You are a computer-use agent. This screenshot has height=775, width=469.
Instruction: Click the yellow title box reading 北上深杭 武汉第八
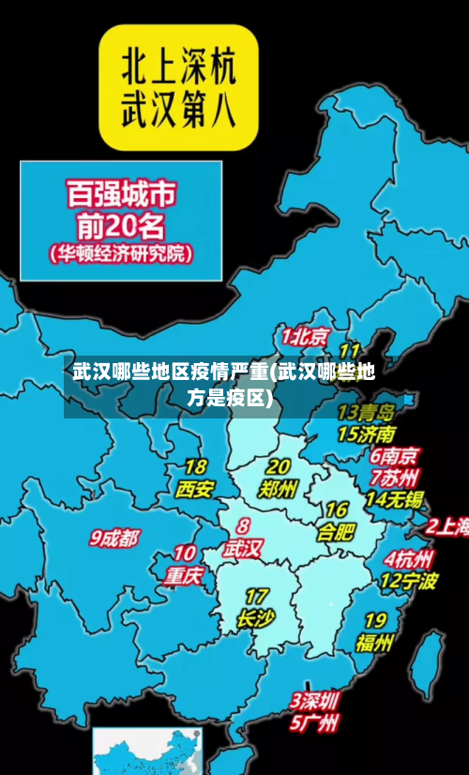(179, 87)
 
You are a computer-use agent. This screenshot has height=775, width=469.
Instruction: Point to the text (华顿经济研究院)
(120, 253)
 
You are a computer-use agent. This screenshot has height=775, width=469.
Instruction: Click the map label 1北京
(306, 336)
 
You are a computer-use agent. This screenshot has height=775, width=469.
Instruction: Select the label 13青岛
(366, 412)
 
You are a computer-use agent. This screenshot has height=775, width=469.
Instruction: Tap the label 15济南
(367, 433)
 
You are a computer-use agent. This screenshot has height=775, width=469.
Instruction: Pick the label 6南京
(394, 456)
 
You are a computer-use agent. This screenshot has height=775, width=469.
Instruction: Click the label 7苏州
(394, 477)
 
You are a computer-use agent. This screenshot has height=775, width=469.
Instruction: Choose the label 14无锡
(394, 498)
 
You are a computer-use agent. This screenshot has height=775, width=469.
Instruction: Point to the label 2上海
(448, 527)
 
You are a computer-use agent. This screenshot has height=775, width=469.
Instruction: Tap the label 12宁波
(408, 581)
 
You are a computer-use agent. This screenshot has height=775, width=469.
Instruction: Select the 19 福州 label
(374, 632)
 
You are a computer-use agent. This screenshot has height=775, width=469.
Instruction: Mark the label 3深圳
(314, 701)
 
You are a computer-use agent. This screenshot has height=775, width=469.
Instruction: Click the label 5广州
(314, 723)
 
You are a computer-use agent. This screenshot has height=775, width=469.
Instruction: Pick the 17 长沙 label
(256, 608)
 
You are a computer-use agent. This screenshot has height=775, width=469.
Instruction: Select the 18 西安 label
(195, 479)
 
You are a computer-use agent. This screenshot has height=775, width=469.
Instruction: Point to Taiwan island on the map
(429, 656)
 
